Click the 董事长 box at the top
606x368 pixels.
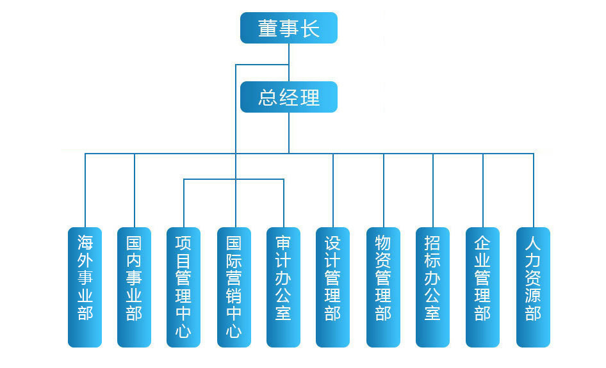[x=288, y=28]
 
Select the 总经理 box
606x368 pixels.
[x=288, y=97]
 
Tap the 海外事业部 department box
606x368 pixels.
[x=85, y=287]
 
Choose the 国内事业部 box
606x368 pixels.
[x=135, y=287]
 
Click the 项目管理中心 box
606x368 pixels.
[x=183, y=287]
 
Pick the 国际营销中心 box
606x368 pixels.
[x=234, y=287]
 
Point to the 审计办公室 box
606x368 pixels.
[x=283, y=287]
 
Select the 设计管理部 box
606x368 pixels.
[x=332, y=287]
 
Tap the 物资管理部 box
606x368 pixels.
[x=383, y=287]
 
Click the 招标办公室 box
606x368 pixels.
[x=432, y=287]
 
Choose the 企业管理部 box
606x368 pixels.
[x=482, y=287]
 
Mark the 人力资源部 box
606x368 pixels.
[x=533, y=287]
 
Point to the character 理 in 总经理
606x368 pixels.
[x=310, y=98]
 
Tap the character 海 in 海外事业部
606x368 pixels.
[x=85, y=243]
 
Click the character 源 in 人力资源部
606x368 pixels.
[x=533, y=296]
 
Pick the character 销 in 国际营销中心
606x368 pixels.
[x=234, y=296]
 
